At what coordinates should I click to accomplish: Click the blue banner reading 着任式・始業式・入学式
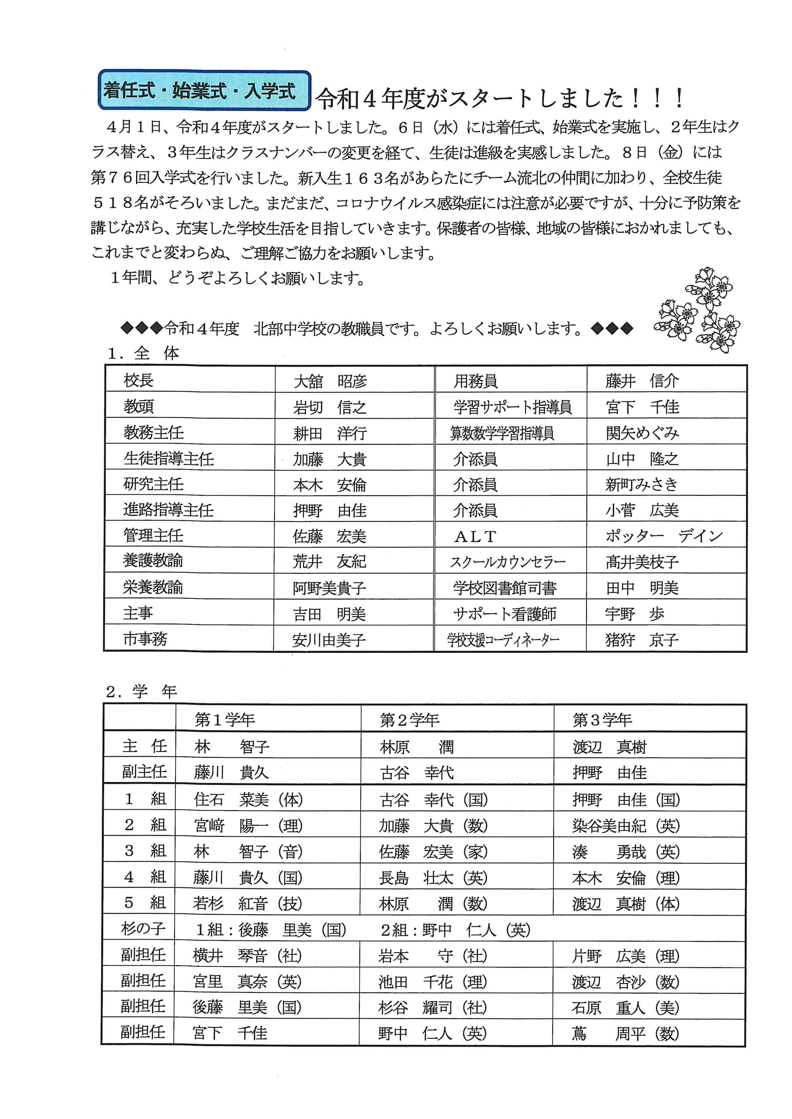point(204,91)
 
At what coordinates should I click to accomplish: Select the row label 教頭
point(139,406)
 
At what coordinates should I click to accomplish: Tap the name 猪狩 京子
point(642,639)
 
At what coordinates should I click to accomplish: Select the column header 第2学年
point(410,719)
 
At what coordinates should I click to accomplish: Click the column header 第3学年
point(602,719)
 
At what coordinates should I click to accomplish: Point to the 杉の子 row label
point(143,929)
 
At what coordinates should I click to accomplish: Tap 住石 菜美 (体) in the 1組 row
point(248,799)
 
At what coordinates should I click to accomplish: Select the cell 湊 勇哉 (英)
point(626,851)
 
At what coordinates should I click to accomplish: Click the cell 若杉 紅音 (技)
point(248,903)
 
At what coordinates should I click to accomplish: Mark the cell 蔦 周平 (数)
point(625,1033)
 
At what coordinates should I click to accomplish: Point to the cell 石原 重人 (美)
point(625,1007)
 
